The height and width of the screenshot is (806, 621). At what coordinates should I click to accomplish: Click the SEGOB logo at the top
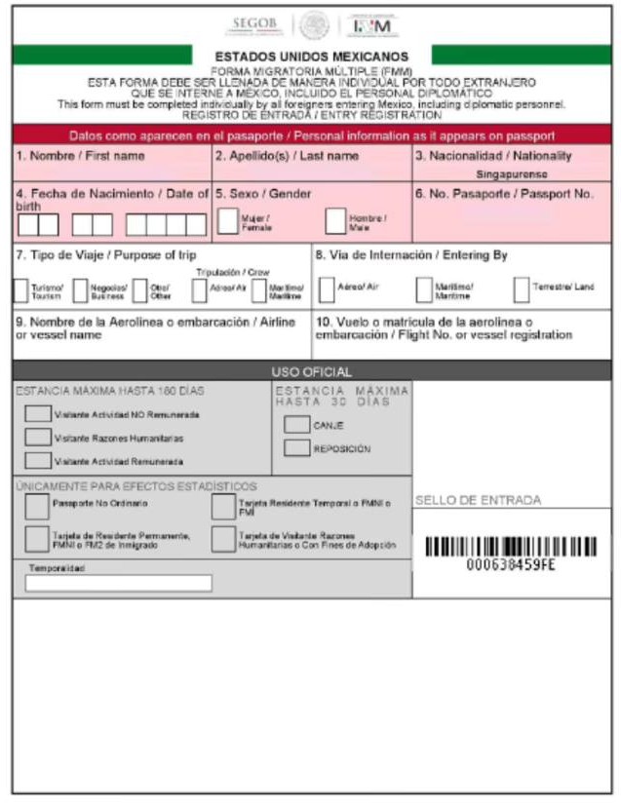(x=256, y=22)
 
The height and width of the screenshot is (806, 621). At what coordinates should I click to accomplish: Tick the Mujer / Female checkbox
(x=227, y=221)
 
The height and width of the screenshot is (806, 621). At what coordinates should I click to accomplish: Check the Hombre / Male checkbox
(x=335, y=221)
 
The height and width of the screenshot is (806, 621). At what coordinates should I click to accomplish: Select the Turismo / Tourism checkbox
(x=20, y=289)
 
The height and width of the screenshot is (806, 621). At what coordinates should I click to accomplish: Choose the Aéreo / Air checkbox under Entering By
(x=326, y=289)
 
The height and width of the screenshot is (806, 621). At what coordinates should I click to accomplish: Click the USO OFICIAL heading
(x=311, y=371)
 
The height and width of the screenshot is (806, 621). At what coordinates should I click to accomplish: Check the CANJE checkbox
(x=296, y=425)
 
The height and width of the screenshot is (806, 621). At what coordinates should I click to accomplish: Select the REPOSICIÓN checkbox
(x=296, y=448)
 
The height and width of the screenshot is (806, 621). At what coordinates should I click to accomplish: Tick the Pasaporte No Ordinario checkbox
(x=37, y=506)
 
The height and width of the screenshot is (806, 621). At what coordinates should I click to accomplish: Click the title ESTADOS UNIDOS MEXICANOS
(x=312, y=58)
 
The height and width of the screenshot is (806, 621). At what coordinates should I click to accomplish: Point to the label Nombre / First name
(x=80, y=156)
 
